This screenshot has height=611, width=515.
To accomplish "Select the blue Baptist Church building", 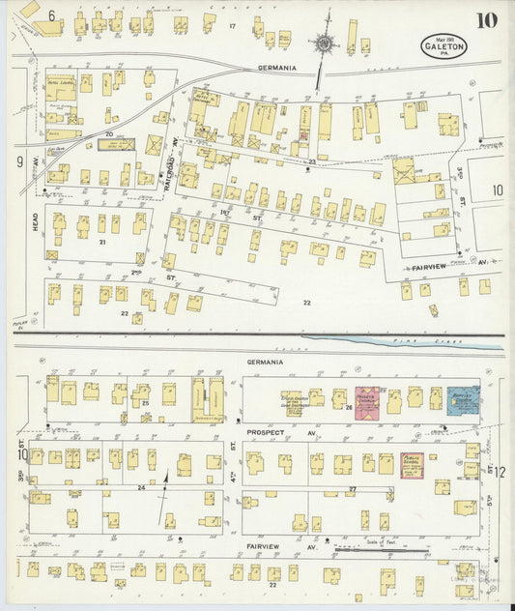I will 463,400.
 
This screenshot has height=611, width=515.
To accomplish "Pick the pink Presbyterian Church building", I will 367,402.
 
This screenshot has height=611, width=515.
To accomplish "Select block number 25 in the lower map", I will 146,402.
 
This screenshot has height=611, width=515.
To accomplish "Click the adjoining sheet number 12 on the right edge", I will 500,471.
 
